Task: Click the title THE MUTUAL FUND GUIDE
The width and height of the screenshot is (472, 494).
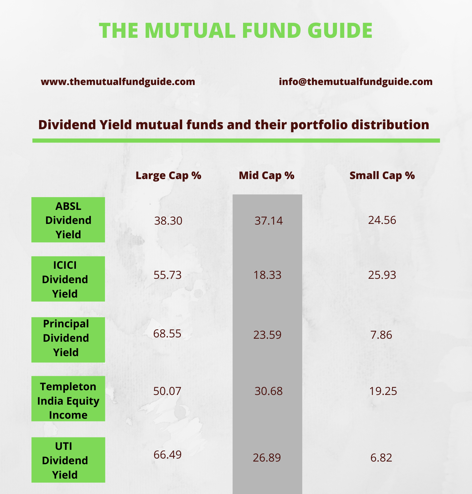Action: [236, 30]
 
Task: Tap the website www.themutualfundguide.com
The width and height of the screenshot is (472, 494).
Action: [118, 82]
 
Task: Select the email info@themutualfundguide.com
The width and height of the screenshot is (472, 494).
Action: [356, 82]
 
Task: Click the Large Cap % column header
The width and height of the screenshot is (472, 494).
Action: [168, 175]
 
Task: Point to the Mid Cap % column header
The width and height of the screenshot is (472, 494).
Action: [266, 175]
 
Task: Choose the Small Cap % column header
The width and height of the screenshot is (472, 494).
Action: [382, 175]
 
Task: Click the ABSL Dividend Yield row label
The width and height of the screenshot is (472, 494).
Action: [68, 220]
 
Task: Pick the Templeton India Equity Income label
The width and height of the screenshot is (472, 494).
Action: [68, 401]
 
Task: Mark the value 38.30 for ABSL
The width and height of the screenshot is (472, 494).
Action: [168, 221]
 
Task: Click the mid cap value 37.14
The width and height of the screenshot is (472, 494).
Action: [268, 221]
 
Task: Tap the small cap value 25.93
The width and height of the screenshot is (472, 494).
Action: [382, 275]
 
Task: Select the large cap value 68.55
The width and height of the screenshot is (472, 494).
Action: [167, 334]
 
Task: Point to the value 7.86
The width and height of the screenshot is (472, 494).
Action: [381, 335]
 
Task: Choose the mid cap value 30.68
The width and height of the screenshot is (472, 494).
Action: [268, 391]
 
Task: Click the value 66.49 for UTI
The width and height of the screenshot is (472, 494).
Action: [167, 455]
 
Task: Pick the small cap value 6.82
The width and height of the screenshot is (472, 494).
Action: [381, 458]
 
